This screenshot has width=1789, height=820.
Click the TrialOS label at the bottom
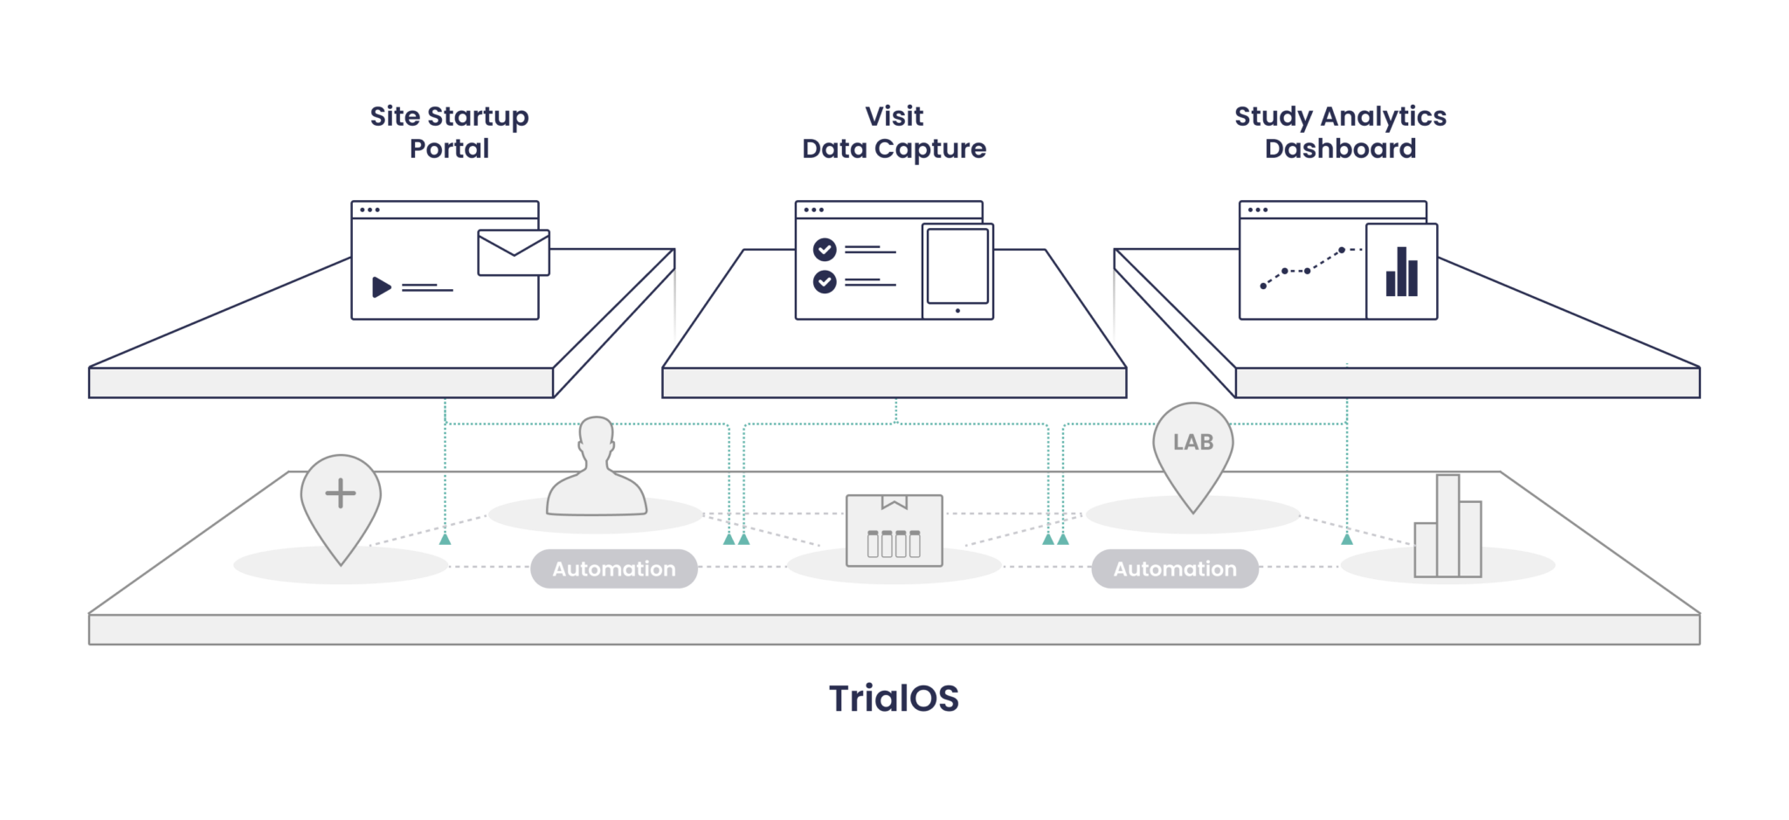point(894,699)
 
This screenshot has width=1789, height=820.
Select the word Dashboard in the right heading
point(1340,149)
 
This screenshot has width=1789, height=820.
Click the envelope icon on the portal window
point(514,252)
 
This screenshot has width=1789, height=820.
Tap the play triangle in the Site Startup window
point(381,287)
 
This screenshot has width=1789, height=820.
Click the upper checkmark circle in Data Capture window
point(825,250)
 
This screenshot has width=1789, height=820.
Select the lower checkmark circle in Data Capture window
point(825,282)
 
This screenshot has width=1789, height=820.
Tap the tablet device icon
point(958,272)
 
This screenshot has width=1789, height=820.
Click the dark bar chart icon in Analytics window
point(1401,272)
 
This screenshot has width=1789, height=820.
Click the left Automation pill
point(614,569)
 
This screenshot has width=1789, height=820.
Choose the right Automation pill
point(1175,569)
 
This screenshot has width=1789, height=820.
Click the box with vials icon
point(894,530)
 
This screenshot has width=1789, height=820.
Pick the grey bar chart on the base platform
point(1448,533)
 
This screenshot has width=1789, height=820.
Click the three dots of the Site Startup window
point(370,210)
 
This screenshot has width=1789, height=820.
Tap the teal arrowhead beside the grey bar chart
point(1347,537)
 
